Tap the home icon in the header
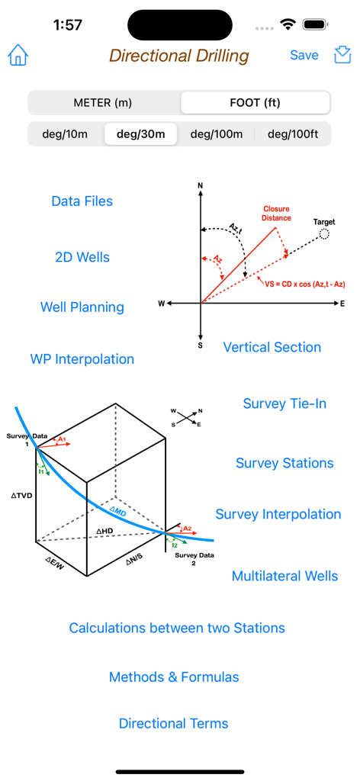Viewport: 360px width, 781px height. [x=18, y=56]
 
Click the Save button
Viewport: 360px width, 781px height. [x=304, y=55]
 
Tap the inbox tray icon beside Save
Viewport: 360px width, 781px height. [x=342, y=55]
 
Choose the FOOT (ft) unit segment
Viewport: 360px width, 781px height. [x=255, y=102]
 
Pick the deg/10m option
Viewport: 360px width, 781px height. [x=65, y=134]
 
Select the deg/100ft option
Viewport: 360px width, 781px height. [x=293, y=134]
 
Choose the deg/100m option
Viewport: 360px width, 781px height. [x=217, y=134]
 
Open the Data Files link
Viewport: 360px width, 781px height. [x=82, y=201]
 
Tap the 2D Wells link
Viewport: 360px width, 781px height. [x=82, y=257]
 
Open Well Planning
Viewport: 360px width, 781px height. [x=82, y=307]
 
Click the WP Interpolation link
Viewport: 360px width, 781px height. [x=82, y=359]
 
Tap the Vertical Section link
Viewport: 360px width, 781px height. [x=272, y=347]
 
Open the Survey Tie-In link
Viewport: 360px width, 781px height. [x=284, y=403]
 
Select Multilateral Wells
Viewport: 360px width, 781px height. [x=284, y=576]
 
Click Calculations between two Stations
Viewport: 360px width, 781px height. [x=177, y=628]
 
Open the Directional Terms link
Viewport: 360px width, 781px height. [x=174, y=724]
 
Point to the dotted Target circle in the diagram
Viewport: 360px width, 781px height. [x=325, y=234]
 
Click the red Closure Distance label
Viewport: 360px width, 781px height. [x=277, y=213]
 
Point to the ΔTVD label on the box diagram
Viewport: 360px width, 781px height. [x=22, y=495]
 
